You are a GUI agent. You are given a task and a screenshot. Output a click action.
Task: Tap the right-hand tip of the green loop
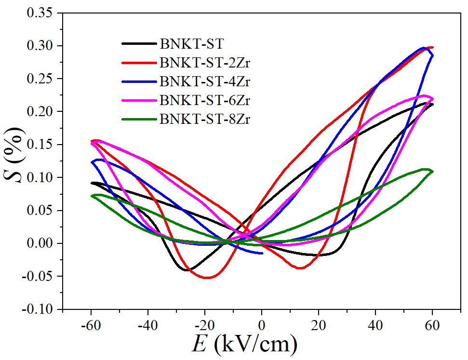[432, 171]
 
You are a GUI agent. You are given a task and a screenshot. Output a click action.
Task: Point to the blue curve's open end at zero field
[262, 253]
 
